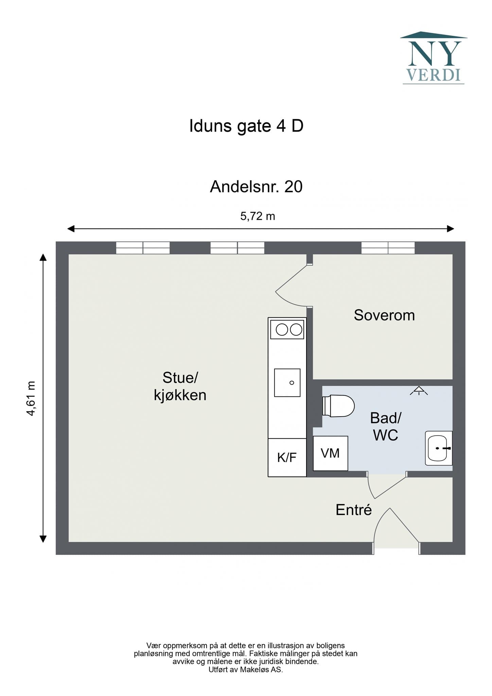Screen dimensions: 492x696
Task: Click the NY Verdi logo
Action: click(434, 58)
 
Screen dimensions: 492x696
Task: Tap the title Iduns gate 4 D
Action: click(246, 126)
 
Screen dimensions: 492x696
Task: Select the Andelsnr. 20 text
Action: click(256, 187)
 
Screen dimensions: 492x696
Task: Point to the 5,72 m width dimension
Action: click(258, 216)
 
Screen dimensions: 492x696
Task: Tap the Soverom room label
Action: click(384, 315)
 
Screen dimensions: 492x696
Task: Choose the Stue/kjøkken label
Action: click(180, 386)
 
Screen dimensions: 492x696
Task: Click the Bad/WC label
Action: click(386, 427)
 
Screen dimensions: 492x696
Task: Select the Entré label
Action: click(354, 510)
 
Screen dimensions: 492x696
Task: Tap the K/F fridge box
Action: click(287, 457)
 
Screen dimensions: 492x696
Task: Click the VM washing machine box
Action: click(330, 453)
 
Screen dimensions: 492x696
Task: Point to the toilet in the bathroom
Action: click(338, 406)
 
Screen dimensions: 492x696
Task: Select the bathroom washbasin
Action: click(439, 448)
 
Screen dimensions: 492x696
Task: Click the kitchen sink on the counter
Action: click(287, 383)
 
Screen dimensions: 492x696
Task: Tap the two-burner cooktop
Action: click(287, 330)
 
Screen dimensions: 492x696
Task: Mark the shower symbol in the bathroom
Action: click(419, 391)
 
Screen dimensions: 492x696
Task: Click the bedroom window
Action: click(388, 248)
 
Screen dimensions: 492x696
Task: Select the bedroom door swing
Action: click(292, 285)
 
